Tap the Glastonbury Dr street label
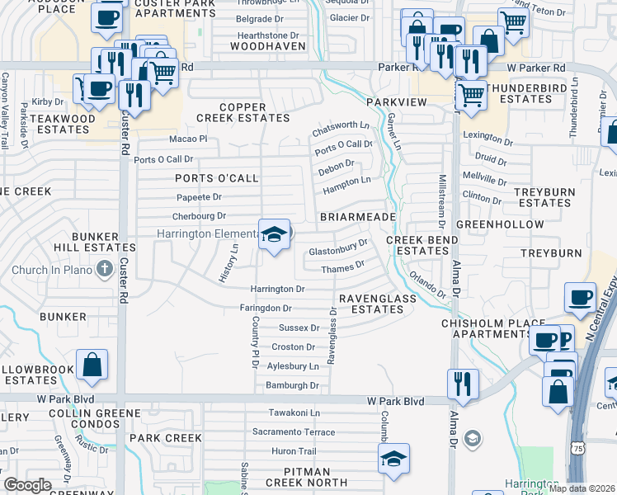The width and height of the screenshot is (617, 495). pyautogui.click(x=337, y=247)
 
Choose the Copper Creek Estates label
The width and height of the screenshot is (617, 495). pyautogui.click(x=255, y=112)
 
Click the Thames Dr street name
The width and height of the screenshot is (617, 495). pyautogui.click(x=341, y=266)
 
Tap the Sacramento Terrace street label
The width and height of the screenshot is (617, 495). pyautogui.click(x=294, y=432)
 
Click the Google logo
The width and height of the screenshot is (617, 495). pyautogui.click(x=26, y=485)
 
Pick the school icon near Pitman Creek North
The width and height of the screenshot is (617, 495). pyautogui.click(x=394, y=460)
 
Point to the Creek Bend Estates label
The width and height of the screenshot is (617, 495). pyautogui.click(x=417, y=245)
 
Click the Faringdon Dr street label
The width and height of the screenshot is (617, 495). pyautogui.click(x=265, y=308)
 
